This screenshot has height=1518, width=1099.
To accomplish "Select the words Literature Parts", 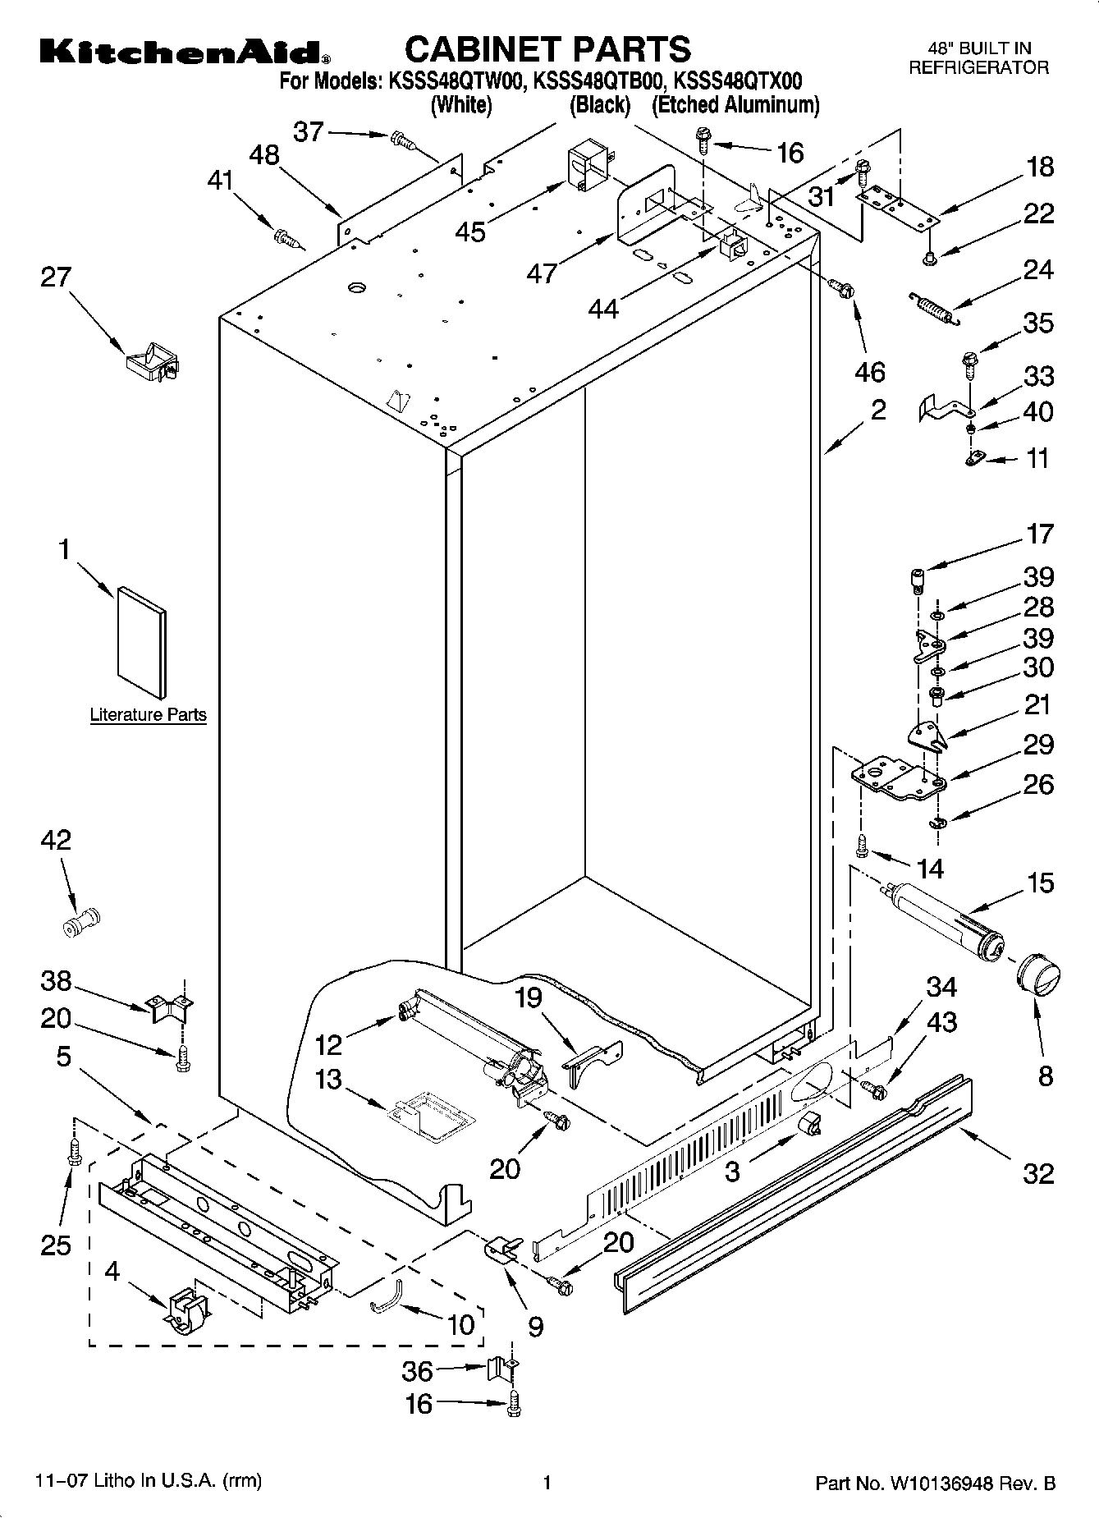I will [148, 714].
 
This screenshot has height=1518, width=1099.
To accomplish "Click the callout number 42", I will [56, 840].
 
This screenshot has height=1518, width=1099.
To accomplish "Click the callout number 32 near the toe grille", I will [1037, 1173].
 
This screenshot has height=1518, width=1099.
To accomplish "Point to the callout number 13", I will [328, 1079].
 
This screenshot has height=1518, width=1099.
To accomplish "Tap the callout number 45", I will [470, 232].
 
